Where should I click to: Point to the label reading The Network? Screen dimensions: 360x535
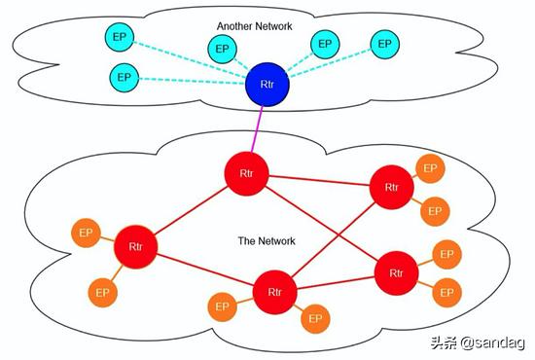267,240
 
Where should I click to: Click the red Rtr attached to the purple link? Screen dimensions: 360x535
246,173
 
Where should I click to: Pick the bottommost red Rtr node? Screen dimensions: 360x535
273,291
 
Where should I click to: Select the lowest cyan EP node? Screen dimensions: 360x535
123,76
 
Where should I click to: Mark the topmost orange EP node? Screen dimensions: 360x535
429,167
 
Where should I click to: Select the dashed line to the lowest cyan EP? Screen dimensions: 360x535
190,81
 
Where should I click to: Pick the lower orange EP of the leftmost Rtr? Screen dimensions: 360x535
101,290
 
